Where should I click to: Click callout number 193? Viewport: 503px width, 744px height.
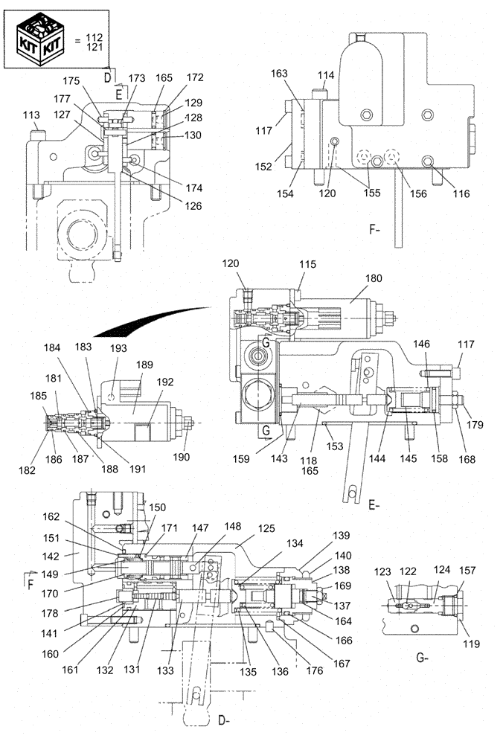[118, 348]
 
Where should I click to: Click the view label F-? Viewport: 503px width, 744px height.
[375, 231]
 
